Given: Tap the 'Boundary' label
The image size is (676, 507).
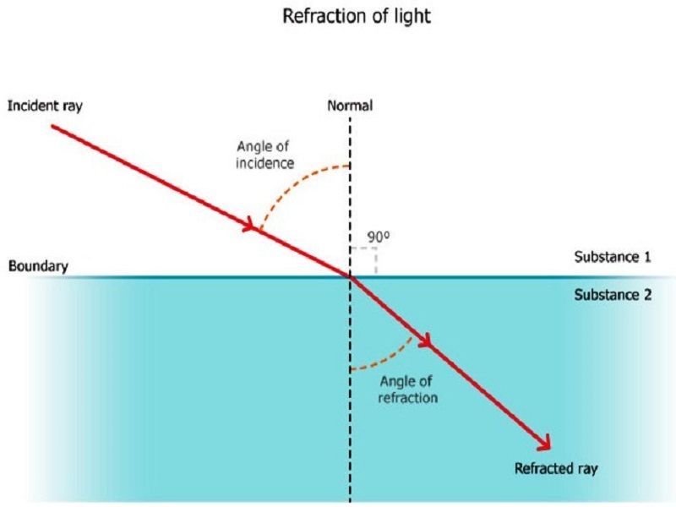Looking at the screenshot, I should click(37, 267).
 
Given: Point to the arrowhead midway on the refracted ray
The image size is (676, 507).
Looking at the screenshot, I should click(425, 342).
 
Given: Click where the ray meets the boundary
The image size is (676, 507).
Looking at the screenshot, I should click(350, 276).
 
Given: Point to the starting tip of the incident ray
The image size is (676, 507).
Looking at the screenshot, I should click(53, 126).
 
